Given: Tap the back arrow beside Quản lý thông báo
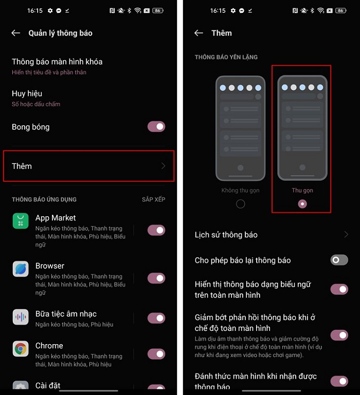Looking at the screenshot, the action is [15, 33].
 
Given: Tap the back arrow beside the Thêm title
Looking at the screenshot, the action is [199, 33].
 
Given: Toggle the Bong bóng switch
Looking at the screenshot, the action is [156, 126].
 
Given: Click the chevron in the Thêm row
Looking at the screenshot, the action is [163, 166].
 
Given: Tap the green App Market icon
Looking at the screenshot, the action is [21, 221].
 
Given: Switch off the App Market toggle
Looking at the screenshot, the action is [156, 230].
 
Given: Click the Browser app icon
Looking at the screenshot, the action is [21, 269].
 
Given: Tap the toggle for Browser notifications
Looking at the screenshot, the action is [156, 278].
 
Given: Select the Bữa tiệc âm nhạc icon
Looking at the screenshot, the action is [21, 317].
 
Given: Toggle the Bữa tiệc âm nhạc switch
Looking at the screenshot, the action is [156, 318].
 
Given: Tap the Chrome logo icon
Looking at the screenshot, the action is [21, 349].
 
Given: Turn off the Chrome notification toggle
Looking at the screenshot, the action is [156, 354].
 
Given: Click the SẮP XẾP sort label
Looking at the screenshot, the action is [153, 199].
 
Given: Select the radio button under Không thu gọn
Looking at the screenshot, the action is [240, 204].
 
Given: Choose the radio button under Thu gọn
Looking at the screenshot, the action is [302, 204].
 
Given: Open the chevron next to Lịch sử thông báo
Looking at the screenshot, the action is [346, 235].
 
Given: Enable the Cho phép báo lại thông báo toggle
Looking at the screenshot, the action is [339, 260].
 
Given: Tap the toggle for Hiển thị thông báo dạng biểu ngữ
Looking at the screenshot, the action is [339, 289].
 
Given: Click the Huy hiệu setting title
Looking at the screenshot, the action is [27, 93].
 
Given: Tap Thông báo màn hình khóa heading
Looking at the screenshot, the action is [57, 62].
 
